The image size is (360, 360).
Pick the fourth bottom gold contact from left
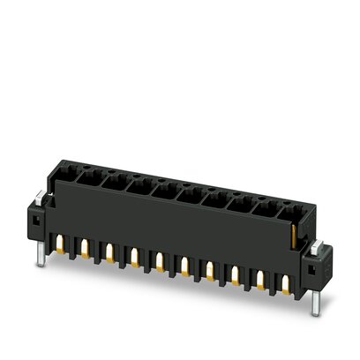(134, 259)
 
